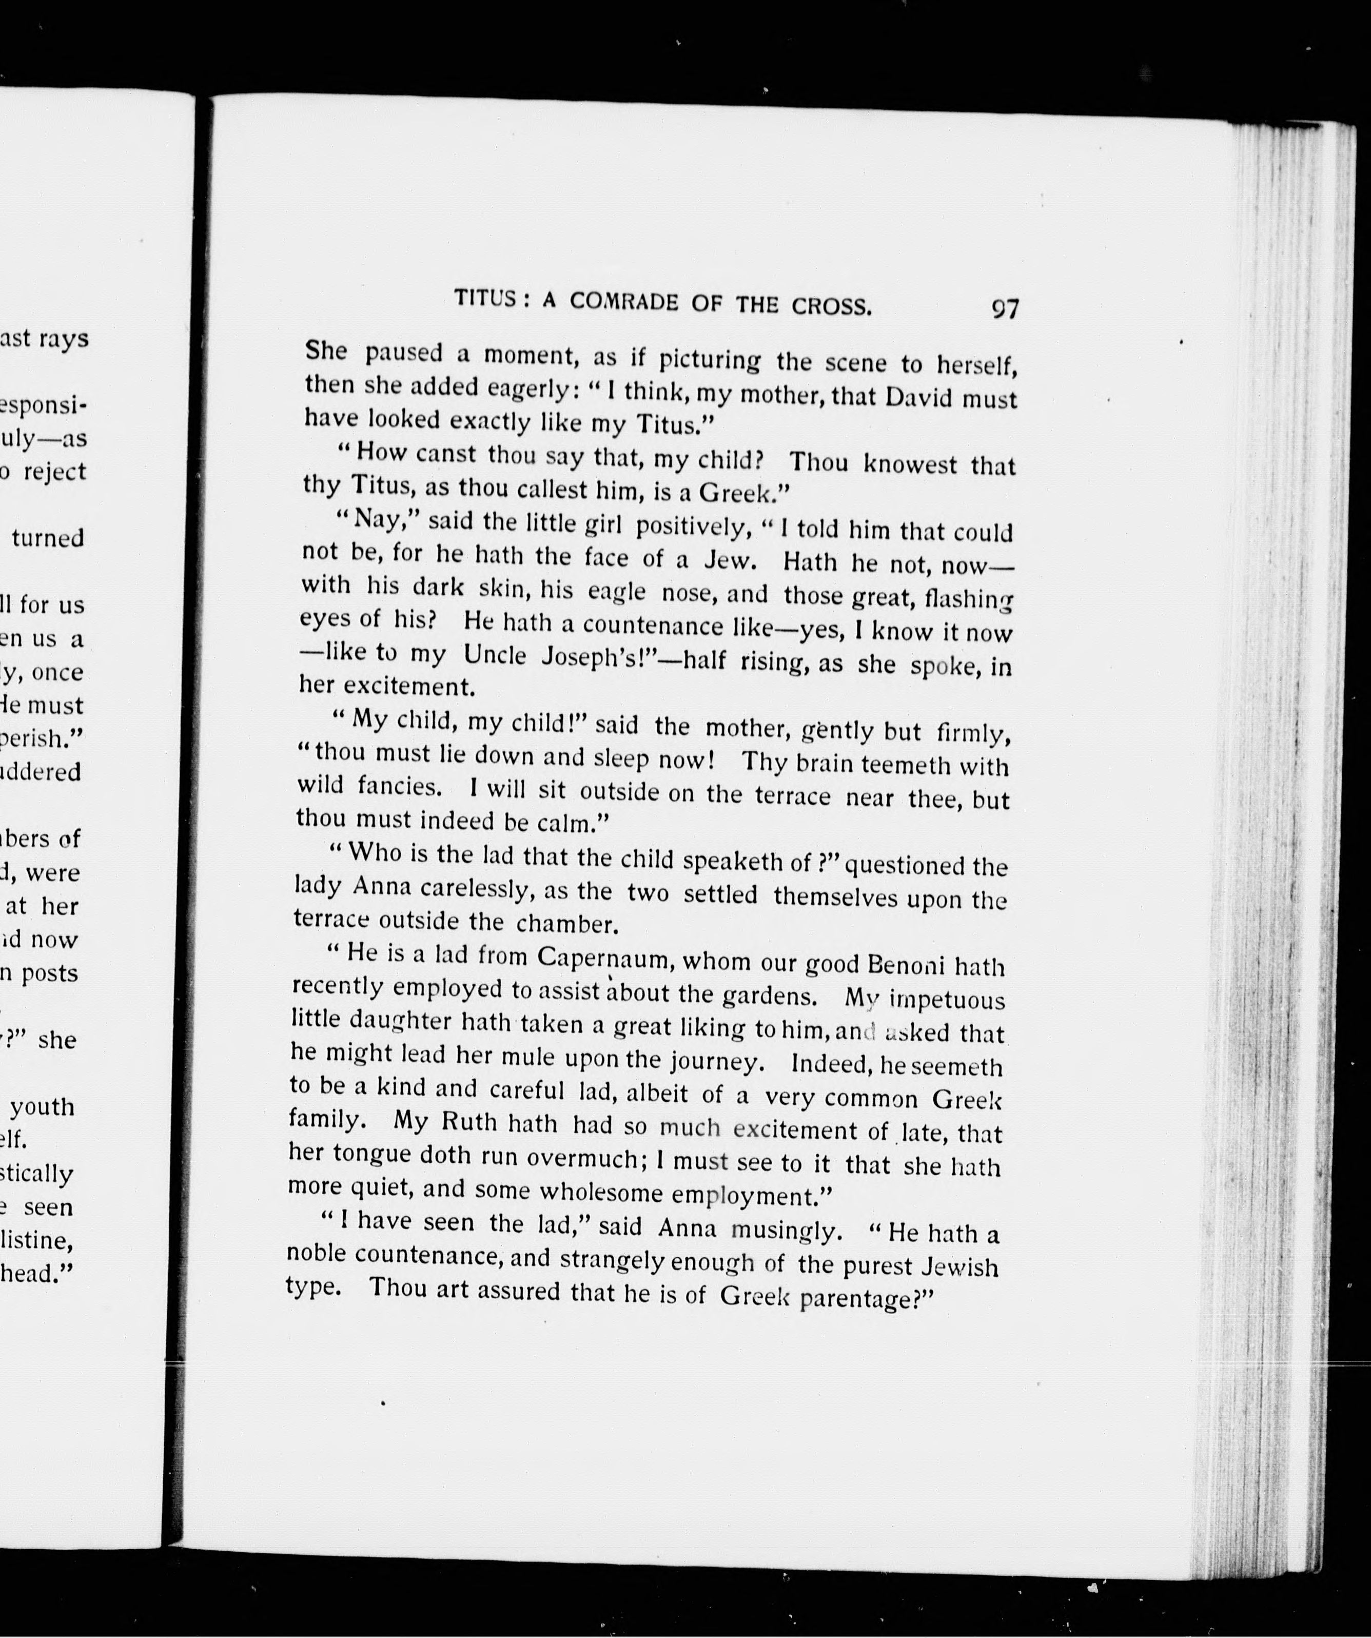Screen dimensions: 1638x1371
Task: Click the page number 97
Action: [x=1005, y=309]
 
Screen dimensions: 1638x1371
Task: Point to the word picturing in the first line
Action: [x=709, y=360]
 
